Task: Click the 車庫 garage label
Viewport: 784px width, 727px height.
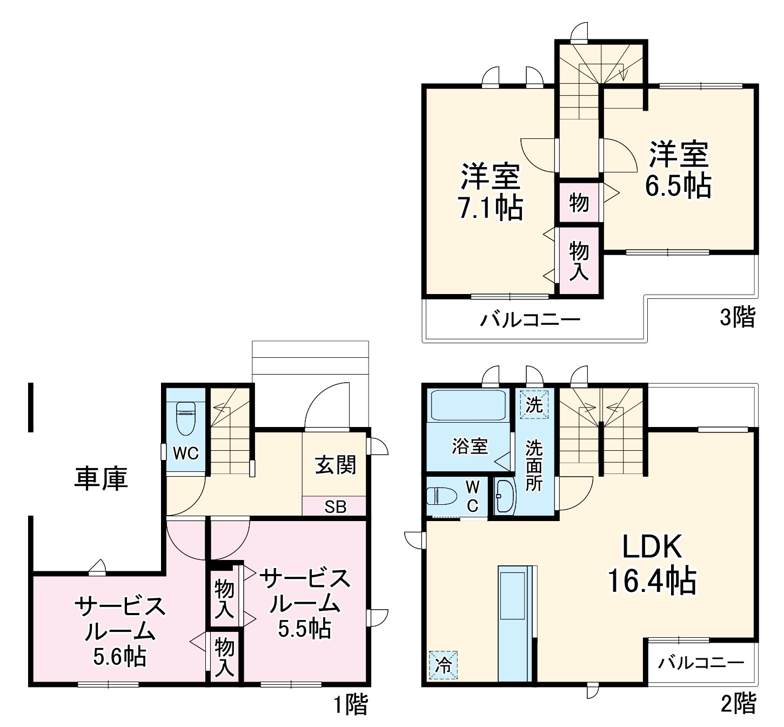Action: pos(101,478)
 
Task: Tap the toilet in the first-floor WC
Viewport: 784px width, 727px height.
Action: pos(185,418)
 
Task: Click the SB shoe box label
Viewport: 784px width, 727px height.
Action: pos(335,507)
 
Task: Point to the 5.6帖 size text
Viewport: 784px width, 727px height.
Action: pos(119,656)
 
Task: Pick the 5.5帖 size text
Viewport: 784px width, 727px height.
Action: pos(305,628)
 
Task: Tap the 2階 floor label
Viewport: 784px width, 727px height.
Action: pos(739,704)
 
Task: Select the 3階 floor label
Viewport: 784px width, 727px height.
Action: pos(737,317)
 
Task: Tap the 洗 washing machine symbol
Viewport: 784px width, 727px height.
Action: pos(534,404)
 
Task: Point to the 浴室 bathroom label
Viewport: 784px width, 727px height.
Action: pos(470,446)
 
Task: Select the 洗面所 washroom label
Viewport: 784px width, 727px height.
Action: pos(534,465)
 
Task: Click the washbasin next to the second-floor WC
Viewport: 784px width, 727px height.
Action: pos(505,496)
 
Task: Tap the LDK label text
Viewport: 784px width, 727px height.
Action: pos(653,547)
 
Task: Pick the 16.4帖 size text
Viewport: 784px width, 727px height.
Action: pos(652,581)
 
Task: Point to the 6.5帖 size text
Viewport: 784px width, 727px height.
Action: pos(678,185)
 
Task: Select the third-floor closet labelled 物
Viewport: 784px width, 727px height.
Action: pos(579,203)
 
